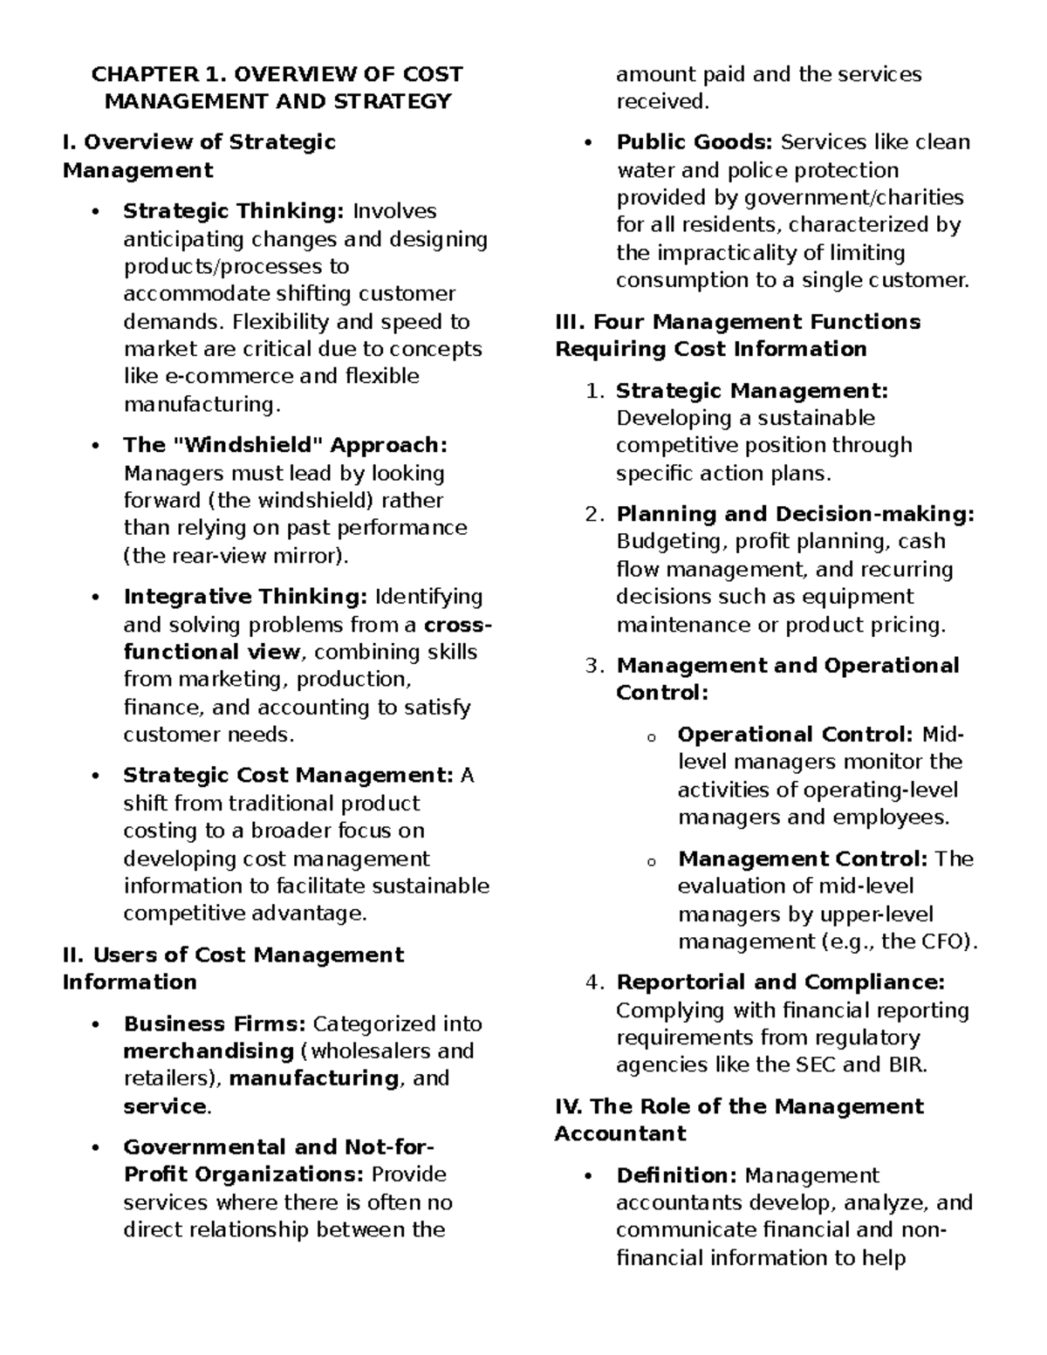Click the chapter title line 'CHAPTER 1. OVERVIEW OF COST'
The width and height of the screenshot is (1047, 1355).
277,74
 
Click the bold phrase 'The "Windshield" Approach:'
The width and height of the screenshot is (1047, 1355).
284,445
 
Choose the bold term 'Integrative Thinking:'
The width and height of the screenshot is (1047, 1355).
245,597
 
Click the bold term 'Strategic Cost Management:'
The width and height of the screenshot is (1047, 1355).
287,776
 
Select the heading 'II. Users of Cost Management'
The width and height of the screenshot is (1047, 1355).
233,955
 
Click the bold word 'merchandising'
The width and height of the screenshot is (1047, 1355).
209,1050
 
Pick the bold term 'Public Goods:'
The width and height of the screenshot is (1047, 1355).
695,142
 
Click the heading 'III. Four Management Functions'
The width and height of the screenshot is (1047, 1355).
737,322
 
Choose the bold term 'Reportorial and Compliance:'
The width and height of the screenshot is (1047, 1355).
780,982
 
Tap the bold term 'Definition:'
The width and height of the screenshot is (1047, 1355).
677,1175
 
